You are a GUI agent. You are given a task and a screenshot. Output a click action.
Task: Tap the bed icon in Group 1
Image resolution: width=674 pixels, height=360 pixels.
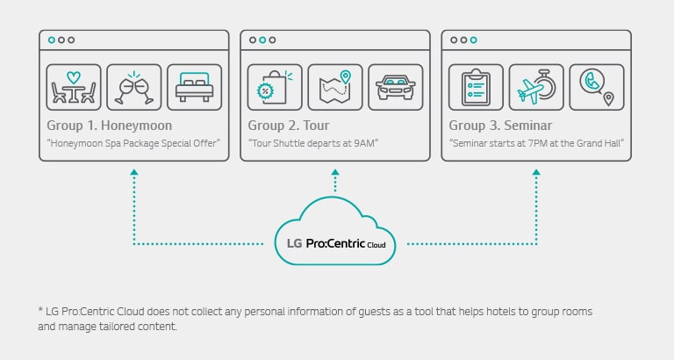pos(195,87)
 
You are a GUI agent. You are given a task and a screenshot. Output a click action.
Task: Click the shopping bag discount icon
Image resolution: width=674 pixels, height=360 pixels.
pos(275,87)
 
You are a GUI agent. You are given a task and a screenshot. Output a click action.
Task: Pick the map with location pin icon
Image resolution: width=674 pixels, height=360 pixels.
pos(335,87)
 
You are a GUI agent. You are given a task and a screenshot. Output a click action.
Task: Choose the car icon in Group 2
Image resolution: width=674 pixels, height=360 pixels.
pos(396,87)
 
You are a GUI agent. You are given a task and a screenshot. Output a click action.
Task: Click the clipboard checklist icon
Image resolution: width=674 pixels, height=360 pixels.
pos(476,87)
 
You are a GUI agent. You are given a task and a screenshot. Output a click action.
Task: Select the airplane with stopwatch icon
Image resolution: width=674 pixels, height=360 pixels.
pos(536,87)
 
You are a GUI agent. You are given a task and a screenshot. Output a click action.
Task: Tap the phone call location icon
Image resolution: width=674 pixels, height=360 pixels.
pos(597,87)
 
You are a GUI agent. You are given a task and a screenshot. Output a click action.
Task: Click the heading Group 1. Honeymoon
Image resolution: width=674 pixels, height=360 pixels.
pos(110,126)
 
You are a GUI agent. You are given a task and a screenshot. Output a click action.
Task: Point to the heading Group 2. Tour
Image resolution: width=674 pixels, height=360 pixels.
pos(290,126)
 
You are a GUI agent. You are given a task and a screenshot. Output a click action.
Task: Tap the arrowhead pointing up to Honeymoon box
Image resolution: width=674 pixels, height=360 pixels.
pos(133,174)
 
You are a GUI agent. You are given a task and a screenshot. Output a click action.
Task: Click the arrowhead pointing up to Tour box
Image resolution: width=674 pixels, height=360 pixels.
pos(335,174)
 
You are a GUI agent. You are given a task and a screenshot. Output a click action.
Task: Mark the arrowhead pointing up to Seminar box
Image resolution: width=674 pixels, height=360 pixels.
pos(536,174)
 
